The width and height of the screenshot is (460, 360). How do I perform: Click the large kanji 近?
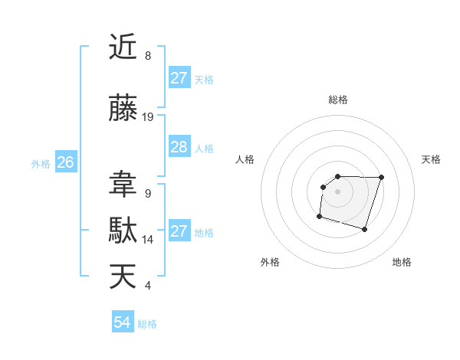pos(123,47)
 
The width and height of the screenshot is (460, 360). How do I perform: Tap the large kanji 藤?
pos(123,109)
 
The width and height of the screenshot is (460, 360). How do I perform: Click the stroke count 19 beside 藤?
pos(148,117)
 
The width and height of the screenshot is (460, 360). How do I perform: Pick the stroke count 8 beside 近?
pos(148,56)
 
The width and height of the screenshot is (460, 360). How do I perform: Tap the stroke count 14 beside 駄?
pos(148,240)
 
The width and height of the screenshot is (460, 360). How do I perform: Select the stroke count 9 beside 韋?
pos(148,194)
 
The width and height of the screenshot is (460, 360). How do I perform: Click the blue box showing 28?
pos(179,147)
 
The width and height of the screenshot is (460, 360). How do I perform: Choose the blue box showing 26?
pos(66,162)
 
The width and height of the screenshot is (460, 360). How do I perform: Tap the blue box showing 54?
pos(123,323)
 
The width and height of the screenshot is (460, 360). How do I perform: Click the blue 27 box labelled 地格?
pos(179,231)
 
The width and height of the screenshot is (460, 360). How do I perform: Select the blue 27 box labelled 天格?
pos(179,78)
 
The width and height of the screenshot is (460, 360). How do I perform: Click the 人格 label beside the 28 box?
pos(204,148)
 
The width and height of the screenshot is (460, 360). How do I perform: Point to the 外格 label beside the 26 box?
pos(41,163)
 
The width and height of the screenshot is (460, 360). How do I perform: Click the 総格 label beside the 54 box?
pos(147,324)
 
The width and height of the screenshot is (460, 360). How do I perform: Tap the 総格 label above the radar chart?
pos(337,100)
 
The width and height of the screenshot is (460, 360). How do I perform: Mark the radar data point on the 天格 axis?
pos(382,178)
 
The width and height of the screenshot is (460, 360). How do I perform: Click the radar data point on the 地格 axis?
pos(365,229)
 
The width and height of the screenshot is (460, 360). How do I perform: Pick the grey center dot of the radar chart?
pos(337,191)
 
